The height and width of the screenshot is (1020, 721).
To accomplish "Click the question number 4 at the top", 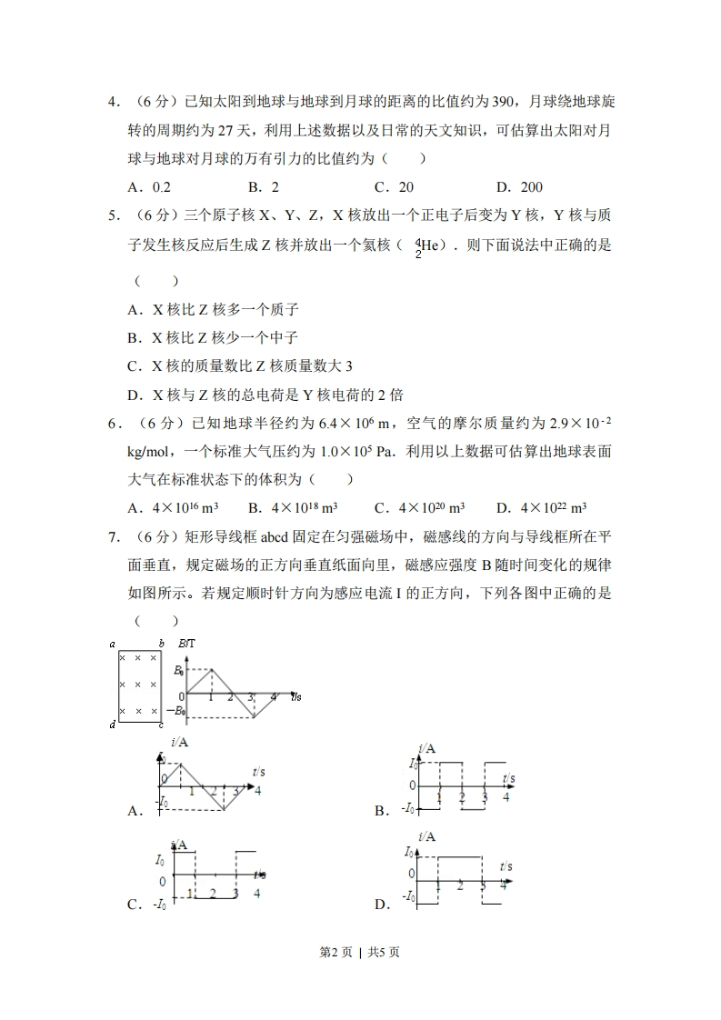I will point(113,102).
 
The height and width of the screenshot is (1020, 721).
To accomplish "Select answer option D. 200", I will point(519,187).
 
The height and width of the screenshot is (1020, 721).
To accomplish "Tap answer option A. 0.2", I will point(150,187).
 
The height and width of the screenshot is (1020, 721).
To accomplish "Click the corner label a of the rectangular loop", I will point(112,645).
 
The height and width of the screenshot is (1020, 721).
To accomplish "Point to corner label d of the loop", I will point(112,725).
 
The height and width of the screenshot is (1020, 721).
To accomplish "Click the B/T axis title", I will point(187,644).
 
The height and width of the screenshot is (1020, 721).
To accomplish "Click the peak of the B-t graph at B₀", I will point(211,670).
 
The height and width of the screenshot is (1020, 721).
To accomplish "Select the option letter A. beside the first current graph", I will point(135,811).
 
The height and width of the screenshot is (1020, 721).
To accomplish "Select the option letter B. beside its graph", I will point(382,811).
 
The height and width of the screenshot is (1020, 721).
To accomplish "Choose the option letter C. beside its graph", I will point(135,905).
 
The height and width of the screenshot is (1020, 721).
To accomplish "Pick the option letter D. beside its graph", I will point(382,905).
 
